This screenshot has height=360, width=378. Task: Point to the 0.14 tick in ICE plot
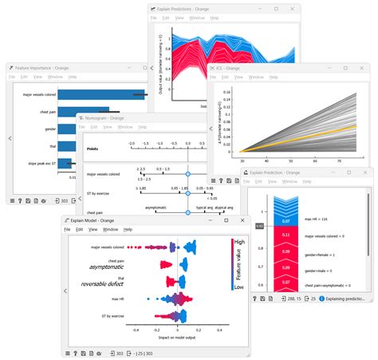click(x=226, y=91)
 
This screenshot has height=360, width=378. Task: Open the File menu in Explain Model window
click(x=68, y=230)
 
